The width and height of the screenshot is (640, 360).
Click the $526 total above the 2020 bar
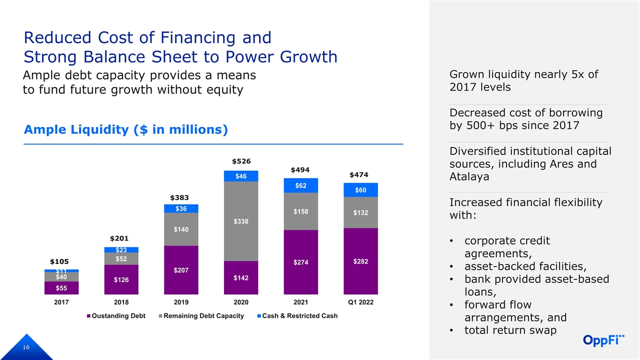[241, 161]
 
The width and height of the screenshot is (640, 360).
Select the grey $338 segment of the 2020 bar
[241, 221]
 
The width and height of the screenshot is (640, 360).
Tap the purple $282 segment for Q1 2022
[360, 261]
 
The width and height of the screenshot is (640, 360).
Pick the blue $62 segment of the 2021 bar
[301, 185]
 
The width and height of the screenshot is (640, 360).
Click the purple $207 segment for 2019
[181, 270]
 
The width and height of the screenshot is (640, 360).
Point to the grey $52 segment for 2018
[121, 258]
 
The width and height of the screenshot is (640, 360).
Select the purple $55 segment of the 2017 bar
[61, 288]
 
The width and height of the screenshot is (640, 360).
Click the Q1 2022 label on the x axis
[360, 302]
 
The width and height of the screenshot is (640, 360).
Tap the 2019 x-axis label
[181, 302]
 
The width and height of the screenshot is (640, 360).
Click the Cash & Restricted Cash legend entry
[298, 316]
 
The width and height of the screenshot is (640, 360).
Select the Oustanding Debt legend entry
[118, 316]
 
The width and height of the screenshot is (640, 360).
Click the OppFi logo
[604, 340]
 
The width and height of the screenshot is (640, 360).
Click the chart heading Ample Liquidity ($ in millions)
[126, 130]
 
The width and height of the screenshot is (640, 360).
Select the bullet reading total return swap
[510, 330]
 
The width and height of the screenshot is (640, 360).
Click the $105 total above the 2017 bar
[59, 261]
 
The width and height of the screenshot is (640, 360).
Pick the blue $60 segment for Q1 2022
[360, 190]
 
